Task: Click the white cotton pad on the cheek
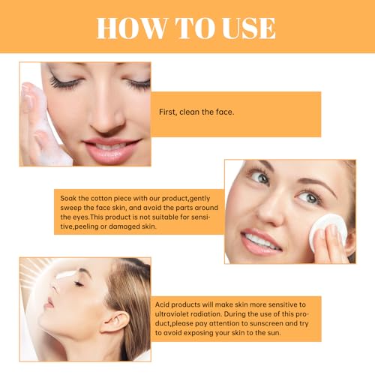(328, 233)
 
